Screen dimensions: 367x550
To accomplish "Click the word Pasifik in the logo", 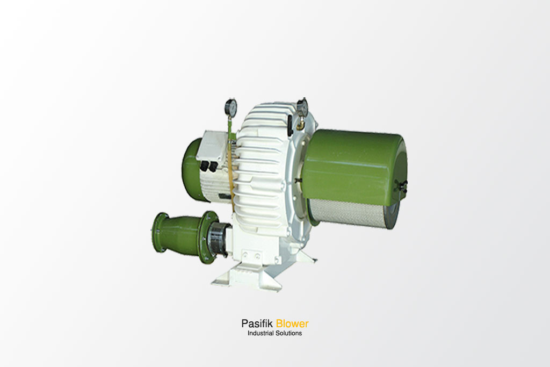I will [257, 323].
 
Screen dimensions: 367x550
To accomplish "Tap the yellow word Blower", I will [292, 323].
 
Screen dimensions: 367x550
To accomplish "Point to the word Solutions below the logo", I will [288, 333].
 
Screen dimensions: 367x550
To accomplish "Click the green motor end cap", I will [191, 168].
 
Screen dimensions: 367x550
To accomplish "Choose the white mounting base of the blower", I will [252, 277].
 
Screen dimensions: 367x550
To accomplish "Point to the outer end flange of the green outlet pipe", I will [158, 233].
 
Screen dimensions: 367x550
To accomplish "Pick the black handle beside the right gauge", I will [291, 128].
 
